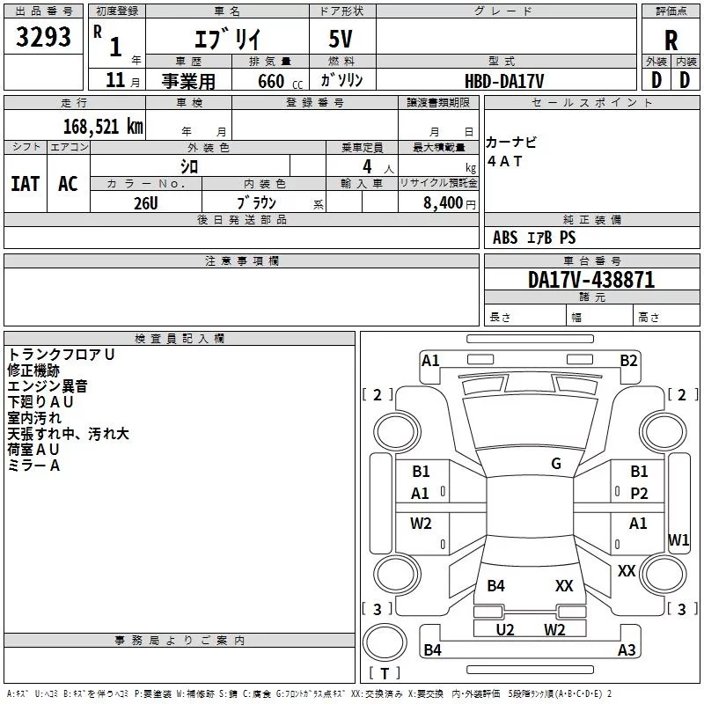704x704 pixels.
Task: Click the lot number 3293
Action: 43,38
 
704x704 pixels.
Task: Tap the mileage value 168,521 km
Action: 102,126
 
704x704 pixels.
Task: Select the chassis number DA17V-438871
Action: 591,280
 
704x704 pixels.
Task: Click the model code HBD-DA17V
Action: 504,81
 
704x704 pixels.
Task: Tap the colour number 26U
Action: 145,202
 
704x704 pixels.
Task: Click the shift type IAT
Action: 25,183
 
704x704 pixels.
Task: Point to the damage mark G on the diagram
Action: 556,464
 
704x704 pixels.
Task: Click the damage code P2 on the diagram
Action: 639,494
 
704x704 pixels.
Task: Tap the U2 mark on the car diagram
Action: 505,629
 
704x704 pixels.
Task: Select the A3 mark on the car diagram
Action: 627,650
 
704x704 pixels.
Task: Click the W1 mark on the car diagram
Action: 678,539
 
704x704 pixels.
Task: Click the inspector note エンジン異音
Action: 48,385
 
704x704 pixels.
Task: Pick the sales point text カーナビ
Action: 511,143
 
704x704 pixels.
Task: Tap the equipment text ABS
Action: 505,238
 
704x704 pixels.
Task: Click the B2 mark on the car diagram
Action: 628,360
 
